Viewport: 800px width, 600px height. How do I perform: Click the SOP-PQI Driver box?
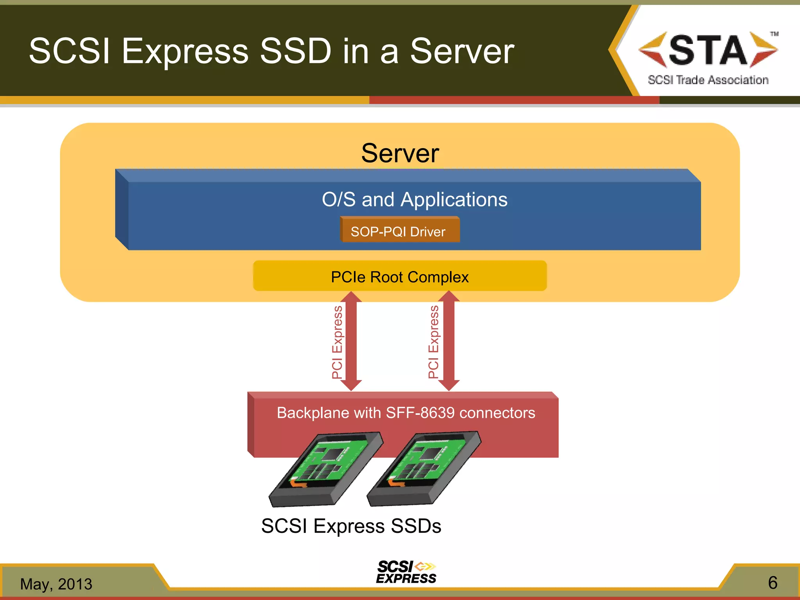pyautogui.click(x=399, y=231)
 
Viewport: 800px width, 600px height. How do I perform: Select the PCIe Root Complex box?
pyautogui.click(x=400, y=277)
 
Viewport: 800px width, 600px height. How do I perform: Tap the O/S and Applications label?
pyautogui.click(x=414, y=200)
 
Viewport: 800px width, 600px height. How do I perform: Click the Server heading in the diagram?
pyautogui.click(x=400, y=153)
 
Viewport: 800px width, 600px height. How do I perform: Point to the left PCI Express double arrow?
pyautogui.click(x=351, y=341)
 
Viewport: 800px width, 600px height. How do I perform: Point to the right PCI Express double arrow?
pyautogui.click(x=449, y=341)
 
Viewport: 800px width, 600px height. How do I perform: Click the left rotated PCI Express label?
pyautogui.click(x=337, y=342)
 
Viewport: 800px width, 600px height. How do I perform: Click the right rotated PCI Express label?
pyautogui.click(x=434, y=342)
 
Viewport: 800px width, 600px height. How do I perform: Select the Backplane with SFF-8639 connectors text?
pyautogui.click(x=406, y=413)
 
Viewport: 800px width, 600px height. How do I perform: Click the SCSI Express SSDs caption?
pyautogui.click(x=351, y=526)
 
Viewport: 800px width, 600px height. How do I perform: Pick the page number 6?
pyautogui.click(x=773, y=583)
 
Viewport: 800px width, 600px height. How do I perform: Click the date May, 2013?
pyautogui.click(x=56, y=584)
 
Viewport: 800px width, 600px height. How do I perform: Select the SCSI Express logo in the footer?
pyautogui.click(x=406, y=572)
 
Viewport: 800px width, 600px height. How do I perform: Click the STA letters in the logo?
pyautogui.click(x=708, y=50)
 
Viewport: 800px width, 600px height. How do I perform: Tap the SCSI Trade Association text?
pyautogui.click(x=708, y=80)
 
